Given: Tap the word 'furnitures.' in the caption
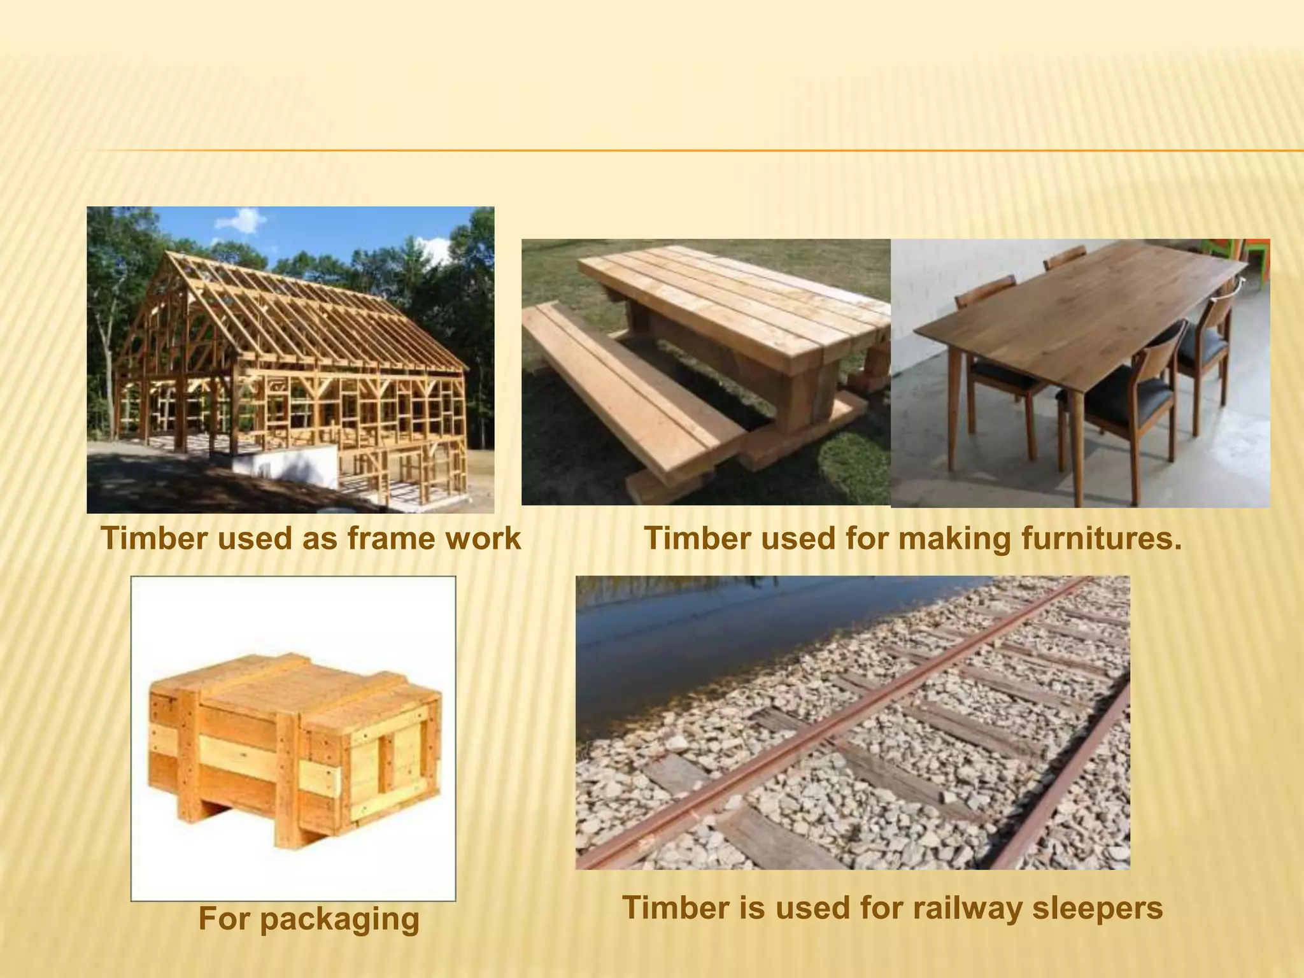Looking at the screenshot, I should tap(1102, 539).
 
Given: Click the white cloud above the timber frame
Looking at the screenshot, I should tap(240, 221).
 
